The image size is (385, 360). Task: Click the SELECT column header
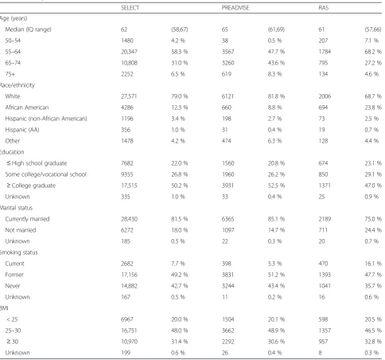[130, 8]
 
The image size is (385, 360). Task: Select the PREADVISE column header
[235, 8]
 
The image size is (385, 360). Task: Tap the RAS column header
[324, 8]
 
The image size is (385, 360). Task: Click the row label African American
[27, 108]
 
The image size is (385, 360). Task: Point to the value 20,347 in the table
[129, 52]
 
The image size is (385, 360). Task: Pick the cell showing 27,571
[129, 96]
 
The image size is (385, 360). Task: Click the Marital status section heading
[16, 208]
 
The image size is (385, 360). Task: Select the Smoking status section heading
[18, 252]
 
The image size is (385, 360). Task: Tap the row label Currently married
[27, 219]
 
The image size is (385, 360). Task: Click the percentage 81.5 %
[179, 219]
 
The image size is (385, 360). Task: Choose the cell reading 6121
[227, 96]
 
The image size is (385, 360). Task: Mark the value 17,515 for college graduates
[129, 186]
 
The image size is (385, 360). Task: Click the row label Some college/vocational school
[45, 174]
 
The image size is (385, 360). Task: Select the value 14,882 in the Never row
[130, 286]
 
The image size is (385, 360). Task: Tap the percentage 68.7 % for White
[373, 96]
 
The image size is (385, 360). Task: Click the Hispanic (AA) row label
[22, 130]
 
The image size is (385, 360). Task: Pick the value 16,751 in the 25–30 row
[129, 331]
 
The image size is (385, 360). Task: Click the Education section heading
[12, 152]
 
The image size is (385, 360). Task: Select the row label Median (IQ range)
[28, 29]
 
